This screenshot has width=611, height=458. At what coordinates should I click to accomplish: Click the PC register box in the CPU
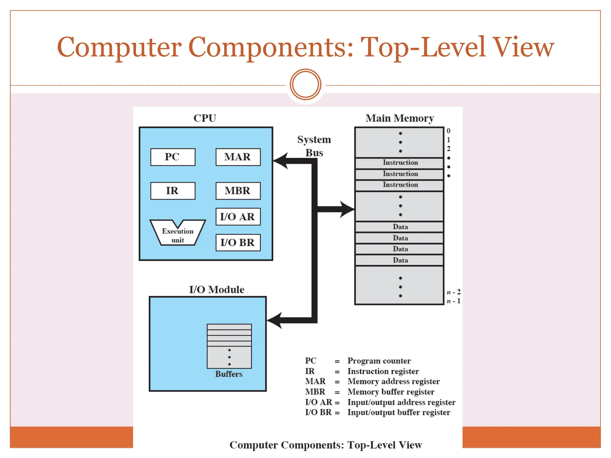pyautogui.click(x=173, y=157)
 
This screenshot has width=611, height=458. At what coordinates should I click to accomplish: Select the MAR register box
pyautogui.click(x=238, y=157)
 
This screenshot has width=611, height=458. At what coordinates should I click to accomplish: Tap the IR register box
pyautogui.click(x=173, y=191)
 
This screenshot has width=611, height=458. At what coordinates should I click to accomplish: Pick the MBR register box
pyautogui.click(x=238, y=191)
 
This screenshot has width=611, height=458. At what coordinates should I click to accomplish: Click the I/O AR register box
pyautogui.click(x=238, y=217)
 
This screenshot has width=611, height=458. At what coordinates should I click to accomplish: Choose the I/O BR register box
pyautogui.click(x=238, y=242)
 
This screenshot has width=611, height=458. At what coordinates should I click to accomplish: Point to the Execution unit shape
pyautogui.click(x=178, y=234)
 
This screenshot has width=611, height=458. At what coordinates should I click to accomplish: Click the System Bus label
pyautogui.click(x=314, y=146)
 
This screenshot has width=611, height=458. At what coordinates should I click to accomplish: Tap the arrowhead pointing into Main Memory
pyautogui.click(x=347, y=209)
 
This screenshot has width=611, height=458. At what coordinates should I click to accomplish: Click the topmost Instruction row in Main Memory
pyautogui.click(x=400, y=163)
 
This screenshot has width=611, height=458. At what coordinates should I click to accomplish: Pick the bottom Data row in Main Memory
pyautogui.click(x=400, y=260)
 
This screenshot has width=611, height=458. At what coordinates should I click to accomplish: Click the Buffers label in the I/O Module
pyautogui.click(x=229, y=374)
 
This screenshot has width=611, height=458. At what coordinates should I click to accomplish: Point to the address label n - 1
pyautogui.click(x=453, y=301)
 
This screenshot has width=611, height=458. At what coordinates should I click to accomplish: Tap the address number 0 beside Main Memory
pyautogui.click(x=448, y=131)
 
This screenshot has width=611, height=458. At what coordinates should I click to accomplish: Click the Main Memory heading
pyautogui.click(x=400, y=118)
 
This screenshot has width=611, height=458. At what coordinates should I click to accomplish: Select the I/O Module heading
pyautogui.click(x=217, y=290)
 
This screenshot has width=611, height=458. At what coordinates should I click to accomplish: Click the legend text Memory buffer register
pyautogui.click(x=391, y=392)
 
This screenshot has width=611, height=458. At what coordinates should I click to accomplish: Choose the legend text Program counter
pyautogui.click(x=379, y=361)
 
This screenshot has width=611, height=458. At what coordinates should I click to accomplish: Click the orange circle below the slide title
pyautogui.click(x=305, y=84)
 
